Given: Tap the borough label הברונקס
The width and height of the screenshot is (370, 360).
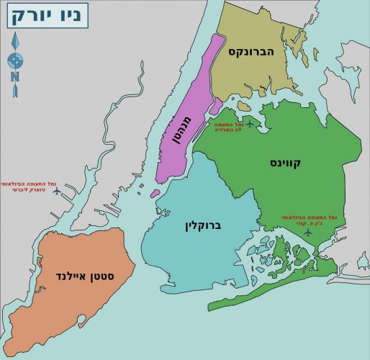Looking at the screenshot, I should pos(253,52).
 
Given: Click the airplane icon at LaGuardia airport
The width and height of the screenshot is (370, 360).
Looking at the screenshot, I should pos(250,124).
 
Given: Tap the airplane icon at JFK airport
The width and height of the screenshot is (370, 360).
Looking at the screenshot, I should pos(308,232).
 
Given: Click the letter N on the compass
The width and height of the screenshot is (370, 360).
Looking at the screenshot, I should pos(15,76).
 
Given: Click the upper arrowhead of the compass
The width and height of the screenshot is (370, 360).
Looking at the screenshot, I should pos(15,40).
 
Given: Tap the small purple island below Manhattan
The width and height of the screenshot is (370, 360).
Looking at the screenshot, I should pos(155,193).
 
